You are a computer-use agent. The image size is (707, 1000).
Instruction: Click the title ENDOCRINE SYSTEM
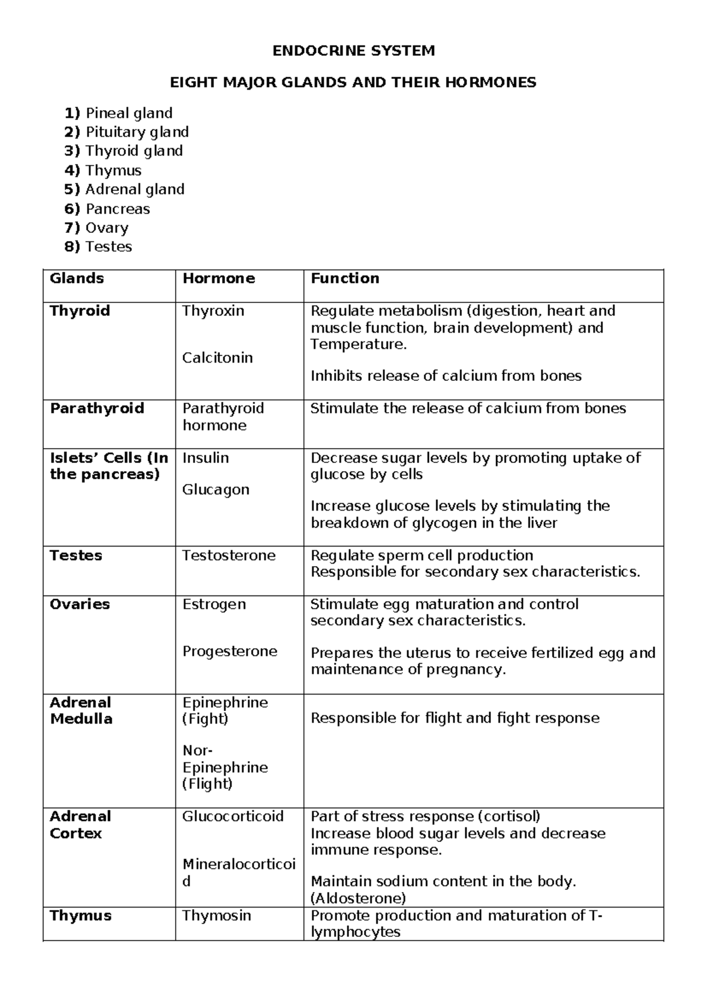[353, 51]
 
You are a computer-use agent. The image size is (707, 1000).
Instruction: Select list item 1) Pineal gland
[118, 113]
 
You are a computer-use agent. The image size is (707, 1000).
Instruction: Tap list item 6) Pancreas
[107, 209]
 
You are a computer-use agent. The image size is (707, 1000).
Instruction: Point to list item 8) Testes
[98, 246]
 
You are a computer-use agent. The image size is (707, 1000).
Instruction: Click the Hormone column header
[219, 278]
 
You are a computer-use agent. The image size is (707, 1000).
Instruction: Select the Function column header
[345, 278]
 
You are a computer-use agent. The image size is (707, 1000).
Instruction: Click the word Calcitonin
[217, 358]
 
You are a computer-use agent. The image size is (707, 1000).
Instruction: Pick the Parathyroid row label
[97, 408]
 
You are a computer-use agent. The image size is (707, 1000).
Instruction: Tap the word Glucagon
[216, 489]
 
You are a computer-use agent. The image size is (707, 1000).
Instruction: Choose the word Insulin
[206, 458]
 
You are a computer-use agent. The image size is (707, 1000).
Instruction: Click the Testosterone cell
[229, 555]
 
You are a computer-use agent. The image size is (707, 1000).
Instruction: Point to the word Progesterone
[229, 651]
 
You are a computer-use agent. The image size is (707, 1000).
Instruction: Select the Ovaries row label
[80, 604]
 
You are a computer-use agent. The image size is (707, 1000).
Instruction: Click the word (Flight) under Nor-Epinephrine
[207, 784]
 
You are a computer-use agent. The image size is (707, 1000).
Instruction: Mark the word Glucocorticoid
[233, 816]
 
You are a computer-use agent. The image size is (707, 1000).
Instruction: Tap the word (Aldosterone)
[358, 898]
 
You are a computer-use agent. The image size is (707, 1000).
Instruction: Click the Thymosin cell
[216, 915]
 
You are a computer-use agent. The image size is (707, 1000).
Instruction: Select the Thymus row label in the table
[80, 915]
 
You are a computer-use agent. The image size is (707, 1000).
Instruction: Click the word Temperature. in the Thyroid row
[358, 344]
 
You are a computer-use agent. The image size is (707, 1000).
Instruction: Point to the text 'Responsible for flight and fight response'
[455, 718]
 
